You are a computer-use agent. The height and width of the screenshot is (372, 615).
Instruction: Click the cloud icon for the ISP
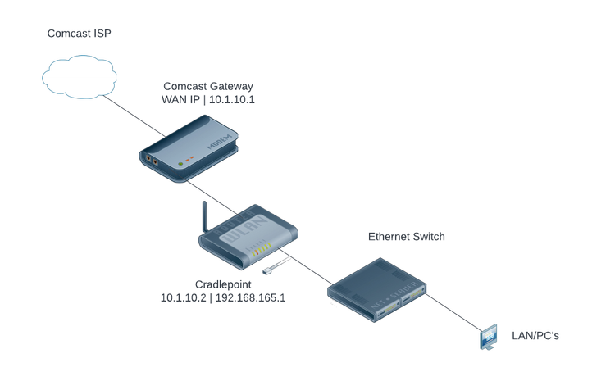tap(78, 76)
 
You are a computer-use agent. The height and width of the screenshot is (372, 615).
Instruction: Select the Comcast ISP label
tap(80, 34)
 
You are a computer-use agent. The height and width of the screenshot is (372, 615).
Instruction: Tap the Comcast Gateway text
tap(208, 86)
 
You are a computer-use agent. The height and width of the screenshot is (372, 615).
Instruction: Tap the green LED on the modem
tap(180, 161)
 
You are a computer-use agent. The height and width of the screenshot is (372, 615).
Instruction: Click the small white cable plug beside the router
tap(267, 270)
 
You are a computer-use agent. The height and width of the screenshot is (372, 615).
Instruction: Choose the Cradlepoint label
tap(223, 284)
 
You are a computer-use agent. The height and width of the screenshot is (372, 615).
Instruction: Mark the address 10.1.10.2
tap(186, 297)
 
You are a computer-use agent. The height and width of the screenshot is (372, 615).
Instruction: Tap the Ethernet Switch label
tap(406, 237)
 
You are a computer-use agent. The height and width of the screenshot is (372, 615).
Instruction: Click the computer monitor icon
tap(489, 337)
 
